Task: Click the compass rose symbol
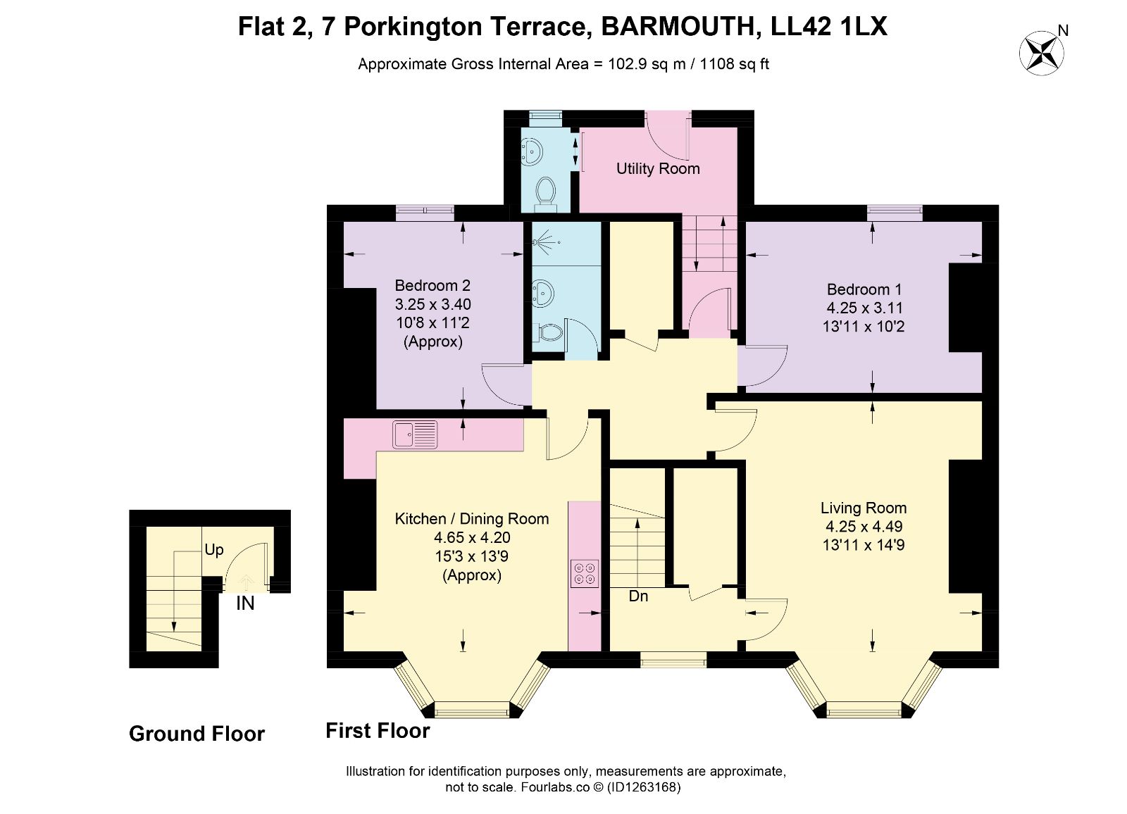[1041, 53]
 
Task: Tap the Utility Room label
[658, 168]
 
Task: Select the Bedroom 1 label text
[864, 289]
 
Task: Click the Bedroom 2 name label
[432, 285]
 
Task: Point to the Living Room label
[864, 508]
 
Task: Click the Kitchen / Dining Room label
[471, 519]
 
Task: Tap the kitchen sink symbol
[415, 434]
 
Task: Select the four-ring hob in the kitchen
[585, 574]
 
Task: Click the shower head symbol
[545, 242]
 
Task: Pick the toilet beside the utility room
[545, 193]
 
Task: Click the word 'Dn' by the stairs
[638, 596]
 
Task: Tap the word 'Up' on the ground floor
[214, 550]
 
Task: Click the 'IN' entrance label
[245, 603]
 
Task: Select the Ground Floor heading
[197, 734]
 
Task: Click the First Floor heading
[378, 730]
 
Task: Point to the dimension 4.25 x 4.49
[864, 526]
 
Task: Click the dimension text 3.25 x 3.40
[432, 304]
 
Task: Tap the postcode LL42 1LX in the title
[829, 27]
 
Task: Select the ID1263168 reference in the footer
[644, 787]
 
